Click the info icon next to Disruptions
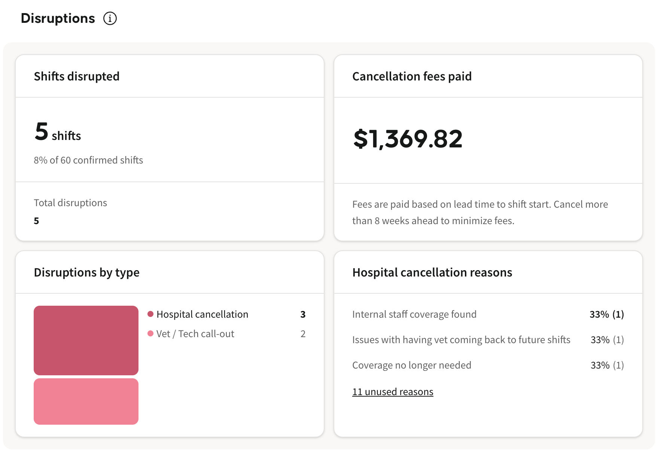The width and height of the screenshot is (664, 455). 110,18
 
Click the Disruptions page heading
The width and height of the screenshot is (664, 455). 58,18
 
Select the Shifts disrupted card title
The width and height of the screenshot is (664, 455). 77,76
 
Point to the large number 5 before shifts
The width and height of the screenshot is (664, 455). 42,132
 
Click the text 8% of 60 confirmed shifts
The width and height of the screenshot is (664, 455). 88,160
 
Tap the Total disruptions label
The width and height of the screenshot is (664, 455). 70,203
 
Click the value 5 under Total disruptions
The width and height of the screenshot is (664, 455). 36,221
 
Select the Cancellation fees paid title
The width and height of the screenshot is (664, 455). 412,76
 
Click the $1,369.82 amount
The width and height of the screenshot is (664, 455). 408,139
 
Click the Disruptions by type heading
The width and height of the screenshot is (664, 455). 87,272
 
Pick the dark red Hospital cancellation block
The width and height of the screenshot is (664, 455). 86,341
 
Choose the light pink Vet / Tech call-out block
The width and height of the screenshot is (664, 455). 86,401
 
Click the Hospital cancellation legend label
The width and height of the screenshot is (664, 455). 202,314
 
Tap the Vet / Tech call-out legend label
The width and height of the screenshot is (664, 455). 195,334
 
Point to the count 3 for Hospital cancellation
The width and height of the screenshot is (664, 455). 303,314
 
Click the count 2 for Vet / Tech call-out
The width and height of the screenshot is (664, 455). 303,334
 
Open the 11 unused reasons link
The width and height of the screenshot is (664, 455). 393,392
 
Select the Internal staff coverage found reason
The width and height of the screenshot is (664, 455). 414,314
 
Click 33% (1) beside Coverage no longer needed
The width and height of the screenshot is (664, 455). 607,365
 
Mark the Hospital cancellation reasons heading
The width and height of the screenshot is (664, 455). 432,272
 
